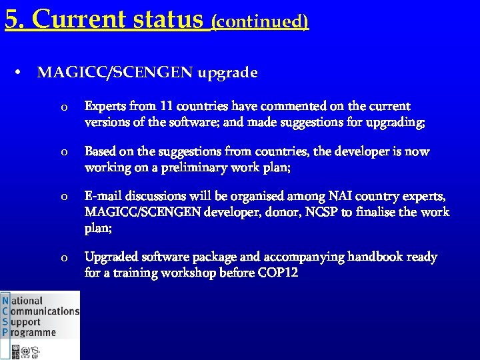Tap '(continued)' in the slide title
pos(260,21)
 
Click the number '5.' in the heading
pos(15,19)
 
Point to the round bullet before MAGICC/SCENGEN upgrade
pos(22,73)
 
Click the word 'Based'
pos(100,152)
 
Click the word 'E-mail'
pos(102,197)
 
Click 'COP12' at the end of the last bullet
pos(277,273)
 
